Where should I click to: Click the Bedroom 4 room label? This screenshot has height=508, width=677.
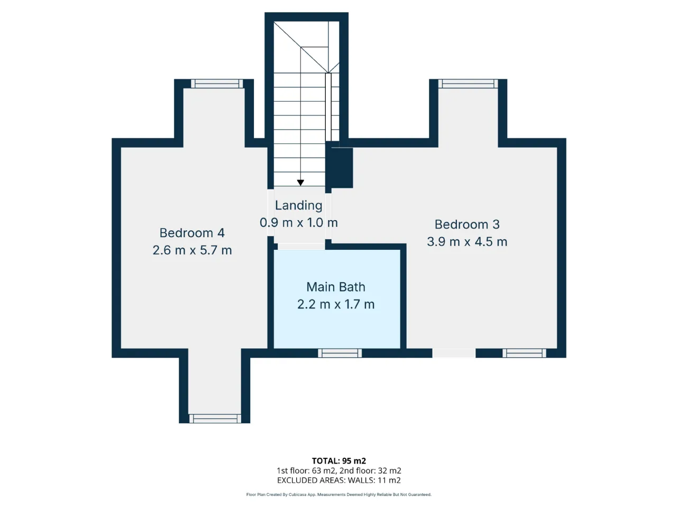point(192,233)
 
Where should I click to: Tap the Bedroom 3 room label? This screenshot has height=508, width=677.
point(467,224)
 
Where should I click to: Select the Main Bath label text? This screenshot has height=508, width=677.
point(336,287)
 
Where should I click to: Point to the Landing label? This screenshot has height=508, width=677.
point(298,205)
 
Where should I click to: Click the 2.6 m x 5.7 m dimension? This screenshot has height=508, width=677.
point(192,250)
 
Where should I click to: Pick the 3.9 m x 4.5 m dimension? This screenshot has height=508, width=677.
point(467,241)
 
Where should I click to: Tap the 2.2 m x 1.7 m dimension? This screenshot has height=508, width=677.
point(336,304)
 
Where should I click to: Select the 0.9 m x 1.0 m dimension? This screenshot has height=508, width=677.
point(298,223)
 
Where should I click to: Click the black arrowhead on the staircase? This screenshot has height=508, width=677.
point(300,183)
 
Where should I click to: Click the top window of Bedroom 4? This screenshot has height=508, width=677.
point(217,84)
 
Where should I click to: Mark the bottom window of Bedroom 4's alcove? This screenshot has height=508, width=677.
point(215,419)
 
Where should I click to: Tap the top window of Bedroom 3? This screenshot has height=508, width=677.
point(468,84)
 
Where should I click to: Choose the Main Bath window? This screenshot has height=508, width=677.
point(340,353)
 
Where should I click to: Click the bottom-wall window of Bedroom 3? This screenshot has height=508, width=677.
point(524,353)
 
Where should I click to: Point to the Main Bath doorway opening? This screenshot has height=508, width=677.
point(301,247)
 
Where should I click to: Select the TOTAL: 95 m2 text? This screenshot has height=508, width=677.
point(338,461)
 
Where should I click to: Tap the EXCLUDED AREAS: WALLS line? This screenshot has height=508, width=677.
point(338,480)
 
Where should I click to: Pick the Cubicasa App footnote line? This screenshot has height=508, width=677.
point(338,495)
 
